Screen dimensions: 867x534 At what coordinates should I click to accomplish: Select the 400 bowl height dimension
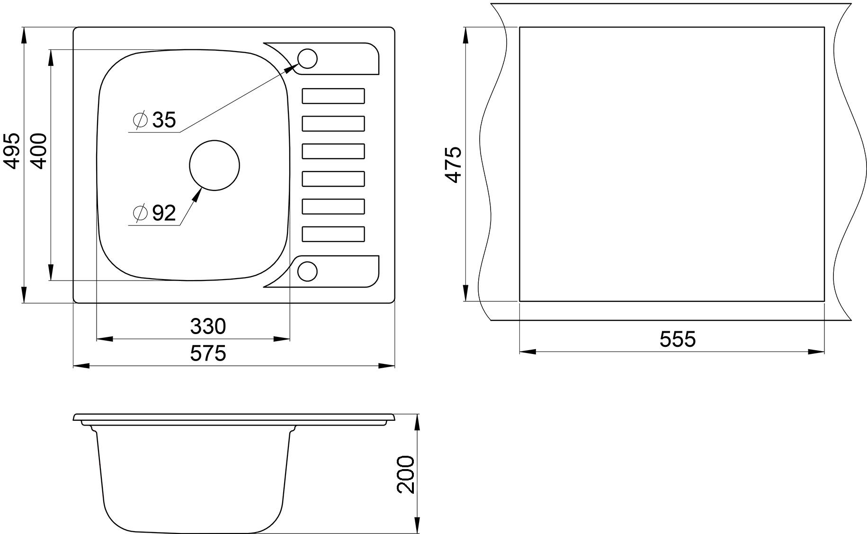[x=38, y=151]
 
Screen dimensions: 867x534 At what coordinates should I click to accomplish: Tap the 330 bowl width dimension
[x=208, y=326]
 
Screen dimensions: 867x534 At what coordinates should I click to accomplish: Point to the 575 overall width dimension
[x=208, y=353]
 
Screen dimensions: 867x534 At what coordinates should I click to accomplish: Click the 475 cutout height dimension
[x=453, y=164]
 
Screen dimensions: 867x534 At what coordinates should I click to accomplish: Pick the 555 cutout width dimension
[x=678, y=340]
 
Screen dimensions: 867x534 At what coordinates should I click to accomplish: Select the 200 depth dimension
[x=406, y=475]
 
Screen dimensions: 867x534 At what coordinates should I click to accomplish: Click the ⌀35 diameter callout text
[x=155, y=120]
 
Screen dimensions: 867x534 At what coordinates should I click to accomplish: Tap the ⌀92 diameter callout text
[x=155, y=213]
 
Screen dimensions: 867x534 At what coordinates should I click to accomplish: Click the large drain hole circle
[x=215, y=141]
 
